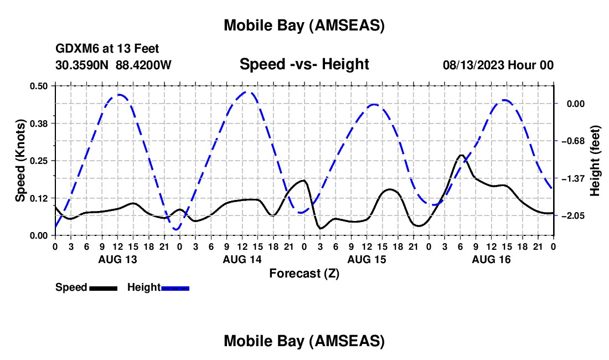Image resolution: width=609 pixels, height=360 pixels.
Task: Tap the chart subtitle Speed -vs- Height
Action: pyautogui.click(x=304, y=64)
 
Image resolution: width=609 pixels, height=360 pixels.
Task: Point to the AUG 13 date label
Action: pyautogui.click(x=117, y=259)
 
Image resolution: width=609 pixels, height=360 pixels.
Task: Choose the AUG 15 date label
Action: pyautogui.click(x=366, y=259)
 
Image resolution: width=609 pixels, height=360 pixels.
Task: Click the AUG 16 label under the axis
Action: pyautogui.click(x=491, y=259)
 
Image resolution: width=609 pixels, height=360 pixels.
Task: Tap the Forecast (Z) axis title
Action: pyautogui.click(x=304, y=273)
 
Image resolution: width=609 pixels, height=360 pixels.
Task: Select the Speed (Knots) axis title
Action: pyautogui.click(x=20, y=161)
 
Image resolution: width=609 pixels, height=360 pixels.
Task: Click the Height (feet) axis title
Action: pyautogui.click(x=595, y=161)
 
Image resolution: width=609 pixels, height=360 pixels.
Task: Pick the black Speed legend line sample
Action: pyautogui.click(x=102, y=288)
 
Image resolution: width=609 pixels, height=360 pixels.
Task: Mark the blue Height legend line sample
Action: pyautogui.click(x=175, y=288)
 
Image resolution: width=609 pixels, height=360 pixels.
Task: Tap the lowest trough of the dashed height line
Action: pyautogui.click(x=177, y=229)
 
